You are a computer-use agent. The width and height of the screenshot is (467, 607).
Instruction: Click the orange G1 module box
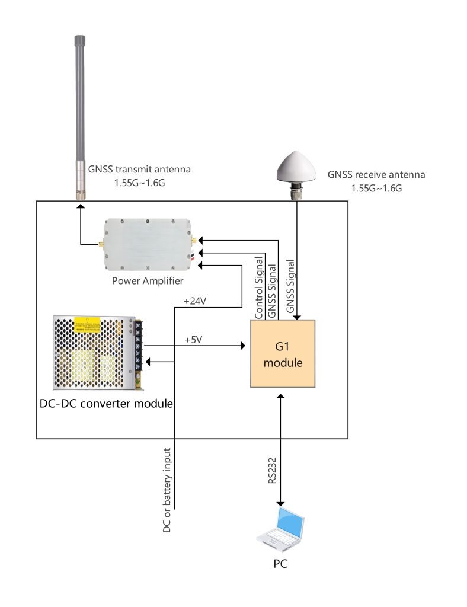(x=283, y=354)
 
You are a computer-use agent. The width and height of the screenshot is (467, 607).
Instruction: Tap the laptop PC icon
(x=281, y=526)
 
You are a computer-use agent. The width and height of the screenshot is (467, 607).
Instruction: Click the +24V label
(x=195, y=301)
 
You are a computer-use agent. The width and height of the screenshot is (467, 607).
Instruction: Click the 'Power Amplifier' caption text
(x=148, y=280)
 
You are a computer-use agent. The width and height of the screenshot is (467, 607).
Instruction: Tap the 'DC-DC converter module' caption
(x=104, y=404)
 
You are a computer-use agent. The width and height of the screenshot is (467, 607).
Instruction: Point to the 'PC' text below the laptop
(x=280, y=564)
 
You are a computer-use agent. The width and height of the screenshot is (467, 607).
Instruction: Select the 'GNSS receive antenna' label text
(x=376, y=175)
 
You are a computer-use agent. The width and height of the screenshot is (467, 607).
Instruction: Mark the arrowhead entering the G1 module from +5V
(x=242, y=346)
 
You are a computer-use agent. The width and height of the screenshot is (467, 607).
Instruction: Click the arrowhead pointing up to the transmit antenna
(x=80, y=206)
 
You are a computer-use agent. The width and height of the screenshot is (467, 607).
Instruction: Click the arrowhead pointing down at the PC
(x=280, y=502)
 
